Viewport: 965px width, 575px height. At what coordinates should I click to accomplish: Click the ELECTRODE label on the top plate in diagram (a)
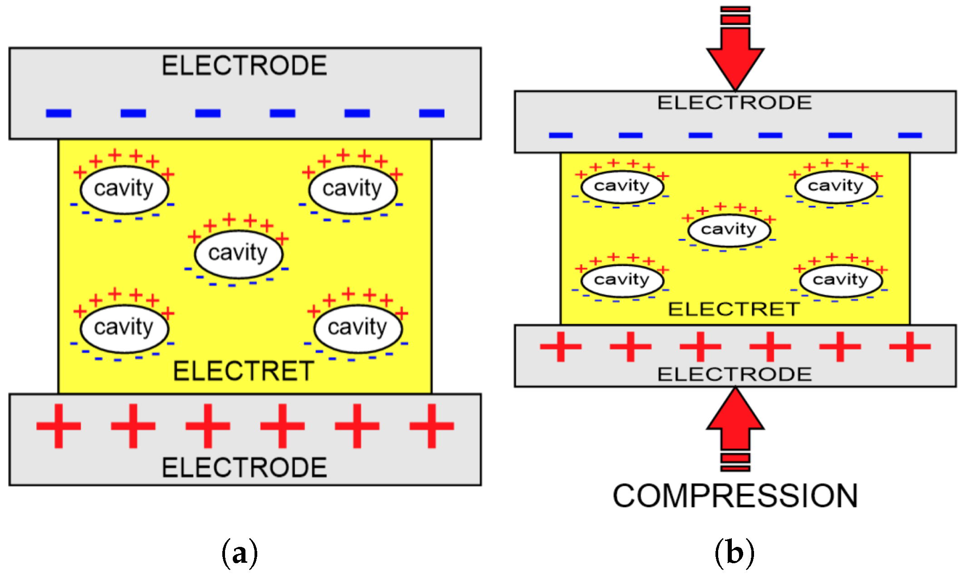point(244,66)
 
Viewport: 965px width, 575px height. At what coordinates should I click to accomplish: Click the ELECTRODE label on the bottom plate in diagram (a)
point(244,468)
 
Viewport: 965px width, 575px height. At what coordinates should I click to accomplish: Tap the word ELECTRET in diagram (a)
point(244,371)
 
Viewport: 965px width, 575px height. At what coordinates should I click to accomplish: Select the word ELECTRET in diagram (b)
point(734,309)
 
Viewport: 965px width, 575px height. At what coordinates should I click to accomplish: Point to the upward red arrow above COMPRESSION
point(735,422)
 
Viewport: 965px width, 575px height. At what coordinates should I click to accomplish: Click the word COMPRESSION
point(735,496)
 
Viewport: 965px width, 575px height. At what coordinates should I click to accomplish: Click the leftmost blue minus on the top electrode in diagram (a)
point(59,113)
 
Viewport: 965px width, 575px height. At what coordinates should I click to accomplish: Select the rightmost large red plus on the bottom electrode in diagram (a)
point(431,426)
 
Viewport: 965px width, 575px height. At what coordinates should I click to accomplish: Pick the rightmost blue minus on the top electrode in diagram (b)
point(910,135)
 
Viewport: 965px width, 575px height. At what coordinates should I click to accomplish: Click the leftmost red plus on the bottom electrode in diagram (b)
point(561,347)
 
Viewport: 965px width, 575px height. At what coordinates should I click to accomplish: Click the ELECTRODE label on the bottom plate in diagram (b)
point(734,375)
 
